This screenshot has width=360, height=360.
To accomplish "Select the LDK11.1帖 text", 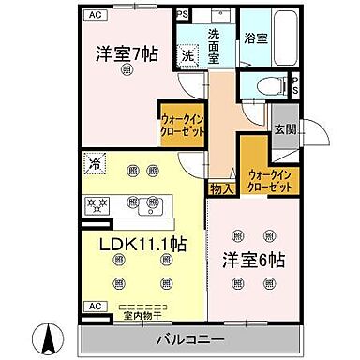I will click(142, 245).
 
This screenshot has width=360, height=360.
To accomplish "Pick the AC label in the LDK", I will click(95, 307).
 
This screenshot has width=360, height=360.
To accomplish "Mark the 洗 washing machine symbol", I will click(188, 57).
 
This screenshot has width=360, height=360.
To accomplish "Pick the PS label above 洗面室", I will click(184, 14).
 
